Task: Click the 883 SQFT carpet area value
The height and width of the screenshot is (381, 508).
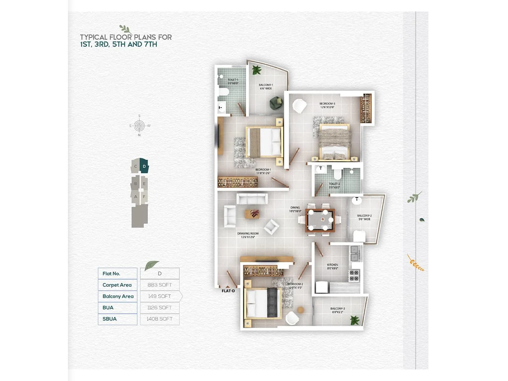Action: (x=159, y=285)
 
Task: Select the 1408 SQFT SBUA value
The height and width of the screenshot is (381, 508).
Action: (x=159, y=319)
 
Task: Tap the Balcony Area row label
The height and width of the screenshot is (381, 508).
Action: (x=118, y=296)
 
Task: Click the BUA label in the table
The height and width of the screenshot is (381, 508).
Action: (x=108, y=308)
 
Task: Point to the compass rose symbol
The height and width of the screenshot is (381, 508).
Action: (x=139, y=126)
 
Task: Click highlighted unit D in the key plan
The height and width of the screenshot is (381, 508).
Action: (x=144, y=166)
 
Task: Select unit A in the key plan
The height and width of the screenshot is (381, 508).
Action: (x=136, y=197)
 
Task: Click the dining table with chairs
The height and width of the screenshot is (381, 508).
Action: (x=320, y=220)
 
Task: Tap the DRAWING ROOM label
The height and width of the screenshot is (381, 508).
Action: (x=248, y=235)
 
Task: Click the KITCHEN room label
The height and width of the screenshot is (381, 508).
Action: (x=332, y=266)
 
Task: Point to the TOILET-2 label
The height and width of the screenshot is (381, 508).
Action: (x=334, y=185)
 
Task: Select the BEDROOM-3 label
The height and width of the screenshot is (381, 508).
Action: (x=327, y=105)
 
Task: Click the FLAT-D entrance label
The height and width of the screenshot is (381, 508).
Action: (x=228, y=291)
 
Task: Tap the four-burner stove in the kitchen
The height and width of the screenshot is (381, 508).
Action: (x=354, y=276)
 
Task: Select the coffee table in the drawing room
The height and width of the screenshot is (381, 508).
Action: (x=252, y=214)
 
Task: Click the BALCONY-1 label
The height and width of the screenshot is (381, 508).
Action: (x=266, y=86)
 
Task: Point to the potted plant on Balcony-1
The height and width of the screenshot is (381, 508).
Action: (x=256, y=70)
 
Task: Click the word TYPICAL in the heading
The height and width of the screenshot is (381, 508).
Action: (x=94, y=37)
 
